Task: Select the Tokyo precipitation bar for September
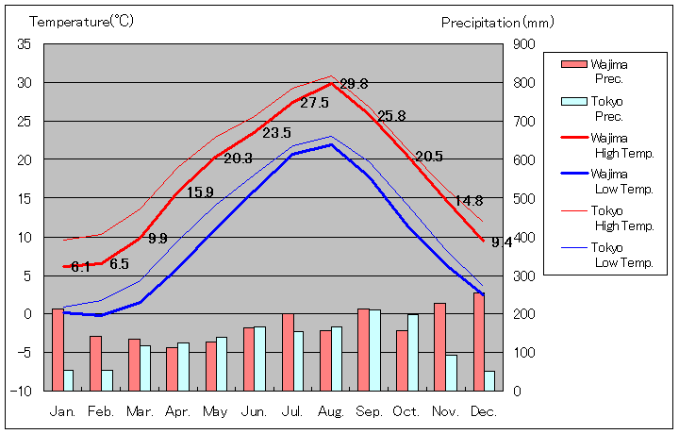tap(374, 350)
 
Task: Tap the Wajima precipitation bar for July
tap(288, 352)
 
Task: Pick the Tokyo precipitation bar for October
tap(413, 352)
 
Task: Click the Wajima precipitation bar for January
tap(58, 349)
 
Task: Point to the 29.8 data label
tap(355, 83)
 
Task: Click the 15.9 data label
tap(200, 192)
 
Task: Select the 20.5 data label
tap(429, 157)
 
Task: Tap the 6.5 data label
tap(119, 264)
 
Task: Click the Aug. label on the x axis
tap(331, 411)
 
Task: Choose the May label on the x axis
tap(216, 411)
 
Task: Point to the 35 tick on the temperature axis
tap(25, 44)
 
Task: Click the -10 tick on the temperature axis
tap(22, 391)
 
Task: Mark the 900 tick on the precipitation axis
tap(524, 44)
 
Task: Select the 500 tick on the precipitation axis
tap(524, 198)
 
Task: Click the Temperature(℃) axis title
tap(83, 21)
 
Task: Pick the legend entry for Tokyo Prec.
tap(608, 108)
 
